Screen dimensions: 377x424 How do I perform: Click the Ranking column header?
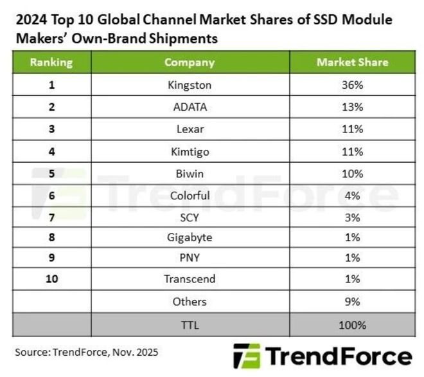coord(51,62)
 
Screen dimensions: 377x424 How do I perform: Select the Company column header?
coord(189,62)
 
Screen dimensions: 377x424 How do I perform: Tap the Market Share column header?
coord(352,62)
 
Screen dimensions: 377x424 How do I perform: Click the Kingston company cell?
coord(189,84)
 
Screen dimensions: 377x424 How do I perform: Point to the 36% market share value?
coord(352,84)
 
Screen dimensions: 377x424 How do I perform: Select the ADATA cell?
coord(189,107)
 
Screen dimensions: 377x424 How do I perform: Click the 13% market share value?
coord(352,107)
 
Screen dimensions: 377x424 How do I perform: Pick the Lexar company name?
coord(189,129)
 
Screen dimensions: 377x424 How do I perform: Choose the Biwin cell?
coord(189,173)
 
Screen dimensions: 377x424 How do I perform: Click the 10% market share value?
coord(352,173)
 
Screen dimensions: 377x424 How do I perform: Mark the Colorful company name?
coord(189,195)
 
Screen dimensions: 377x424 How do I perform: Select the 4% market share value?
coord(352,195)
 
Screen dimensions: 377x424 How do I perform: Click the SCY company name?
coord(189,217)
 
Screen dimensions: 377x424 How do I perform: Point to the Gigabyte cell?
coord(189,238)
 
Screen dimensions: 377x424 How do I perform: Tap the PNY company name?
coord(189,259)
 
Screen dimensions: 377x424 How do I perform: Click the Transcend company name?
coord(189,280)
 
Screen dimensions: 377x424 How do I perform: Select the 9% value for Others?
coord(352,301)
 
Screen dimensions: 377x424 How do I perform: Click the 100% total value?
coord(352,326)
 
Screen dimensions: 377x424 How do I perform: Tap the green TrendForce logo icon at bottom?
coord(247,356)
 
